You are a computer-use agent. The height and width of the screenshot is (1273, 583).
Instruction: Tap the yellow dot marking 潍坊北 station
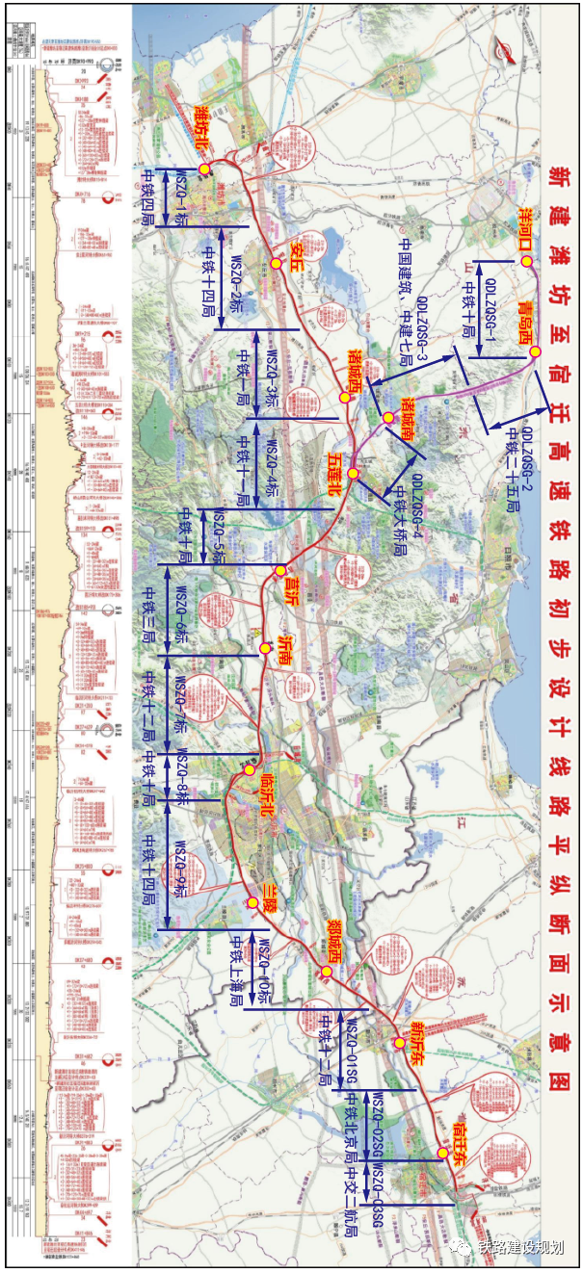[x=204, y=169]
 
